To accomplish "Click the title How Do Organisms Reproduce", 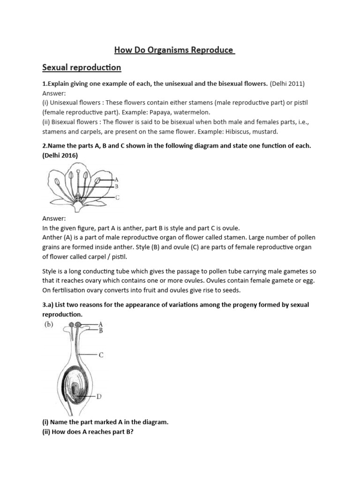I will pyautogui.click(x=175, y=50).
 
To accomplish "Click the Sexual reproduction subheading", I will pyautogui.click(x=82, y=68).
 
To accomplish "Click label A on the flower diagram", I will pyautogui.click(x=116, y=179).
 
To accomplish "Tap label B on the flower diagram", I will pyautogui.click(x=116, y=186).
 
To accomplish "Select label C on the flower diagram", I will pyautogui.click(x=117, y=198).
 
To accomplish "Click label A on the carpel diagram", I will pyautogui.click(x=101, y=324).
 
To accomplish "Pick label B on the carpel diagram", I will pyautogui.click(x=101, y=330).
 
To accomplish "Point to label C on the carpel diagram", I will pyautogui.click(x=101, y=355).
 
